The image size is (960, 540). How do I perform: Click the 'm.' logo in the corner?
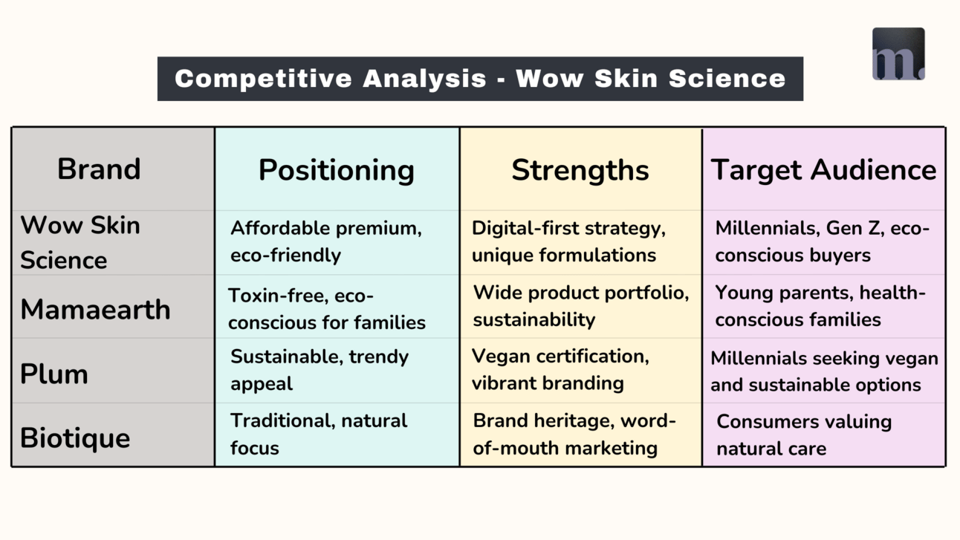click(898, 54)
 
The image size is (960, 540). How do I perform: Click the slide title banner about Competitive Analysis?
click(480, 79)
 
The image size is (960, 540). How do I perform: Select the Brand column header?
click(99, 169)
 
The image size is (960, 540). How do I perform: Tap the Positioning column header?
click(337, 170)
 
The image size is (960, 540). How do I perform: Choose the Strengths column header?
click(580, 171)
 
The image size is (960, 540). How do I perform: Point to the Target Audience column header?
click(823, 170)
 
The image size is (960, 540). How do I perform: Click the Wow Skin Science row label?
click(80, 243)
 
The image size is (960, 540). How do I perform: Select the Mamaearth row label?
click(95, 309)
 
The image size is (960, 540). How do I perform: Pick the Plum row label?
click(54, 374)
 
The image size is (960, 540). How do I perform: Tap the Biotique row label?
click(75, 438)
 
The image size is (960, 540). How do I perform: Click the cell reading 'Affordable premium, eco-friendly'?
click(326, 241)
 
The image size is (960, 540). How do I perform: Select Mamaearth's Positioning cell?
click(327, 309)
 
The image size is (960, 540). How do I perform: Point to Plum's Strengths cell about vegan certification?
click(560, 369)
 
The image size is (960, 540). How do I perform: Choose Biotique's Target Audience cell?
click(804, 435)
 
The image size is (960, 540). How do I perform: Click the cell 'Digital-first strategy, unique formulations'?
click(568, 241)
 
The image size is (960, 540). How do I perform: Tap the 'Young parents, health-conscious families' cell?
click(820, 306)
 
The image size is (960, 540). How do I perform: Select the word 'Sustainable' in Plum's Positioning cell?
click(287, 357)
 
